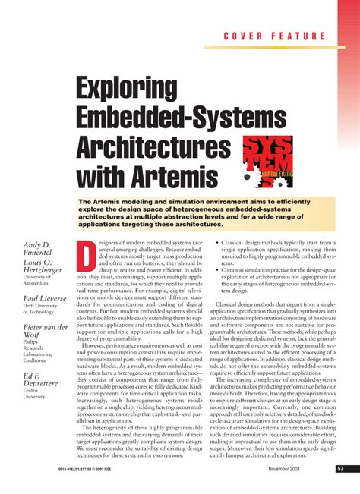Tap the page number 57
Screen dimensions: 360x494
(340, 469)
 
